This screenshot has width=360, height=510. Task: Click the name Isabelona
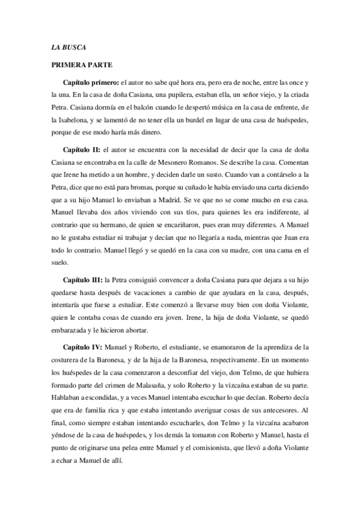coord(70,121)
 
